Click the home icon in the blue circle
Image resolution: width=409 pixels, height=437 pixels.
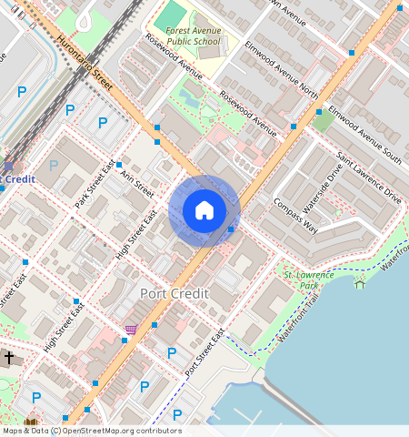pyautogui.click(x=204, y=210)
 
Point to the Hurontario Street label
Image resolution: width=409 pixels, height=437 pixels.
pyautogui.click(x=84, y=64)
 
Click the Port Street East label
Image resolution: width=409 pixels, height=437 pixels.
pyautogui.click(x=204, y=353)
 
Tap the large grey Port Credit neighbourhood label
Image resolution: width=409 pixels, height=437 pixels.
pyautogui.click(x=175, y=294)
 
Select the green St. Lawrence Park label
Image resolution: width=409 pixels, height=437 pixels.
pyautogui.click(x=301, y=279)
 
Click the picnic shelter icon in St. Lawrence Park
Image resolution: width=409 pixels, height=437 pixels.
pyautogui.click(x=360, y=284)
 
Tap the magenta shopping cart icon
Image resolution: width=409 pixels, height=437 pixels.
pyautogui.click(x=131, y=330)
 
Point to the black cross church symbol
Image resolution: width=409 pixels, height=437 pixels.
pyautogui.click(x=8, y=359)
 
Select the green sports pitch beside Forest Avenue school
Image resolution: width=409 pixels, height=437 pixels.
pyautogui.click(x=169, y=15)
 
